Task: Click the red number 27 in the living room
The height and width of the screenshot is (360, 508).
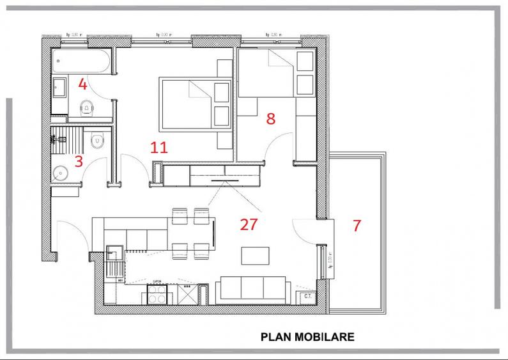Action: (249, 224)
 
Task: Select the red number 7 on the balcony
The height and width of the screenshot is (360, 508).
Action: (357, 225)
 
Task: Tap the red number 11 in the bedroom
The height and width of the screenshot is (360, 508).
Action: (158, 148)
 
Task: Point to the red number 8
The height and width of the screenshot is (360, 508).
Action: (271, 118)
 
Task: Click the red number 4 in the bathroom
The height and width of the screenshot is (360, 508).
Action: (82, 84)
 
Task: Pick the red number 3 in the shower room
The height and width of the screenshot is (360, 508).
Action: (79, 161)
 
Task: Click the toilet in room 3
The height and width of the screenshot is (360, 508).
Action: (97, 140)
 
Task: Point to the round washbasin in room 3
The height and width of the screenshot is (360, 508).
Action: (62, 172)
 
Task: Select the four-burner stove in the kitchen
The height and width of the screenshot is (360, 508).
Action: (158, 293)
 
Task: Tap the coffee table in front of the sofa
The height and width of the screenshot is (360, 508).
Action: (254, 256)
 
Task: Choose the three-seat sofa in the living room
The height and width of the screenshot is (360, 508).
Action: (252, 290)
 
